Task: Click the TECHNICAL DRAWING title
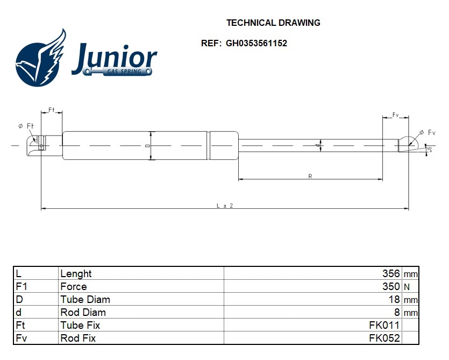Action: coord(273,23)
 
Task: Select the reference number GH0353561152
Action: coord(256,43)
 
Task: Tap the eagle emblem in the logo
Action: coord(41,58)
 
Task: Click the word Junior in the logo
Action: coord(114,58)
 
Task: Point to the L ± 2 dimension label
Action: coord(225,206)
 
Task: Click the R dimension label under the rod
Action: coord(310,177)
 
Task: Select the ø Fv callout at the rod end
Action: coord(427,132)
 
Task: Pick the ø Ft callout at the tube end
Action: coord(26,126)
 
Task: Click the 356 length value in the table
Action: coord(391,273)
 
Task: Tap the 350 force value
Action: coord(391,286)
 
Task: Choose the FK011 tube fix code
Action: coord(384,325)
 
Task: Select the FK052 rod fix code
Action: coord(384,338)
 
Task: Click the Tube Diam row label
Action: coord(85,300)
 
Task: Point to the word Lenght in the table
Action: coord(76,274)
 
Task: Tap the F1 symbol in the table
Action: coord(22,286)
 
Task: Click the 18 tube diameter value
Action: coord(394,299)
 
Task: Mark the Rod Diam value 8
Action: coord(397,312)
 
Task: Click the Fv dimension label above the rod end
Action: coord(395,115)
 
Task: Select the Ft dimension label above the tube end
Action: coord(51,110)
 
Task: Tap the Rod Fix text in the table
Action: coord(78,338)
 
